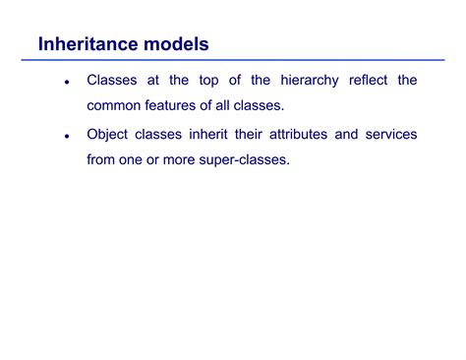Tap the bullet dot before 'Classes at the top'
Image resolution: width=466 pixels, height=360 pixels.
pyautogui.click(x=66, y=83)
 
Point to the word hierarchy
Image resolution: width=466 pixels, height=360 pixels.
pyautogui.click(x=300, y=80)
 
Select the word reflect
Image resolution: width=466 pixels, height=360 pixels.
pyautogui.click(x=368, y=80)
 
